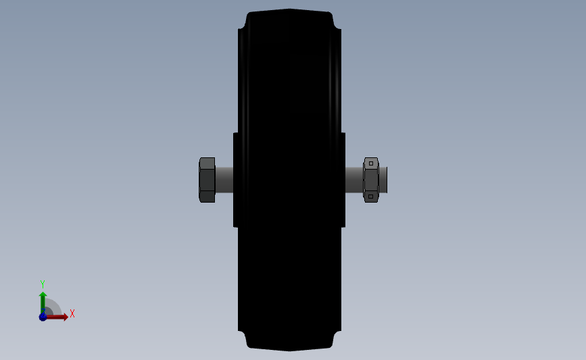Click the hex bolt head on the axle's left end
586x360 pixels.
click(207, 180)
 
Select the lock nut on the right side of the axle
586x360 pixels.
click(371, 180)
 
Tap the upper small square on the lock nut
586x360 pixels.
click(371, 163)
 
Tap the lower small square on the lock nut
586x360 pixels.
click(371, 197)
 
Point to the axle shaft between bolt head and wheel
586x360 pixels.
click(224, 180)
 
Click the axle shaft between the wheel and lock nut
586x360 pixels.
click(354, 180)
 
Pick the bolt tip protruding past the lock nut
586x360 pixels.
click(383, 180)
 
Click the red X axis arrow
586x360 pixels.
click(57, 317)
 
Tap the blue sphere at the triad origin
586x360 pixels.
click(43, 317)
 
